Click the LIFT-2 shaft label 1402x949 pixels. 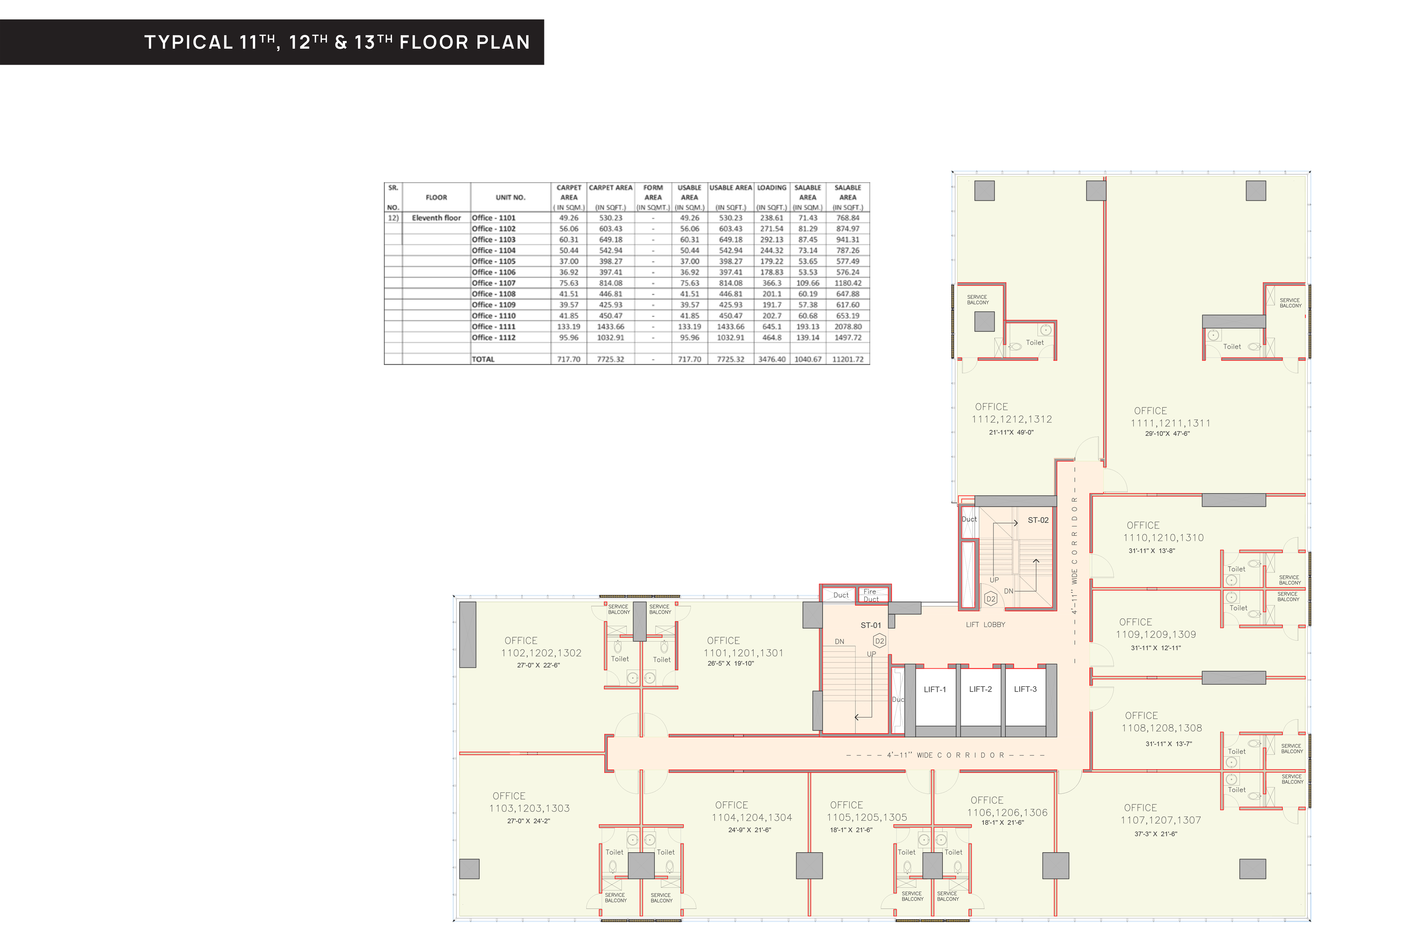[x=980, y=689]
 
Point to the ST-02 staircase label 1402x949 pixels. [x=1038, y=520]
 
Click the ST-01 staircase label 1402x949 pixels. [x=870, y=625]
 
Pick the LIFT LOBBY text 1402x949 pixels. [x=985, y=624]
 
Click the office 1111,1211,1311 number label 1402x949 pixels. [x=1170, y=423]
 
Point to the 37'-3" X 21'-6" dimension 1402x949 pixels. [x=1156, y=834]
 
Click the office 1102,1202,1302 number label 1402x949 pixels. [x=541, y=653]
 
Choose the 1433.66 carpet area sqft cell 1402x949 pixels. [x=610, y=326]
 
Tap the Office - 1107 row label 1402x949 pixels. [x=493, y=283]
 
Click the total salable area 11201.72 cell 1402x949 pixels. [x=848, y=359]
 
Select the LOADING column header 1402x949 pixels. [x=772, y=188]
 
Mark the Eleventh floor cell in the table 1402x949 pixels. [x=436, y=218]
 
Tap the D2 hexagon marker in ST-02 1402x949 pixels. [x=990, y=599]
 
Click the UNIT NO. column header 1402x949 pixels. [x=510, y=197]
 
